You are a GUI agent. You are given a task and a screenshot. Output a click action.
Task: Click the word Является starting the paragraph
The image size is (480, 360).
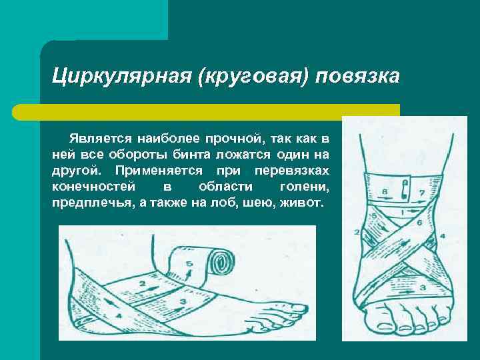(99, 139)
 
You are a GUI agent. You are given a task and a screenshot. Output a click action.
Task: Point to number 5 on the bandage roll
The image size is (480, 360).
(189, 265)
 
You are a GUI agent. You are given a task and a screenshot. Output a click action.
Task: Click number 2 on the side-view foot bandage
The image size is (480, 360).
(142, 283)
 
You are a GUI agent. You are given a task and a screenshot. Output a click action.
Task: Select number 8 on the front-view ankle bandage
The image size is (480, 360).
(385, 193)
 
